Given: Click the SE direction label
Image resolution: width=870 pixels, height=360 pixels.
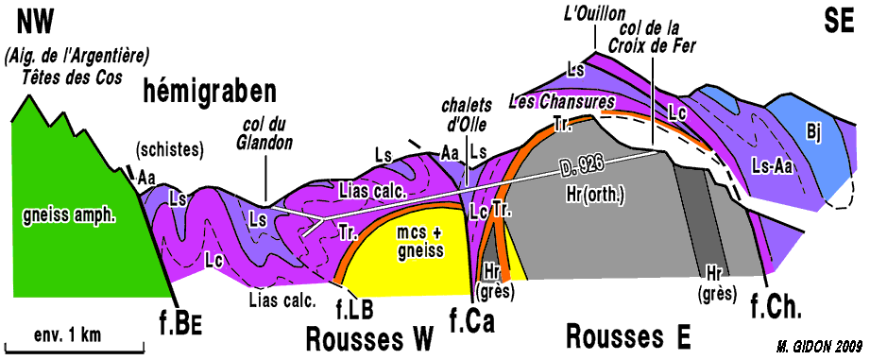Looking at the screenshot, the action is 839,24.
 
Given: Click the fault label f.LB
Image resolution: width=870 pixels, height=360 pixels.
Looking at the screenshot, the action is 353,307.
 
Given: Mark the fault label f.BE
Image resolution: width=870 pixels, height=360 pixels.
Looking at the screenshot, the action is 179,327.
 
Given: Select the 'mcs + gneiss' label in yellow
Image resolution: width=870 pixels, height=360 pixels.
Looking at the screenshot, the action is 420,243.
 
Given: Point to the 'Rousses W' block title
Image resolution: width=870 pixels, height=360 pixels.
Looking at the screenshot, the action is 368,338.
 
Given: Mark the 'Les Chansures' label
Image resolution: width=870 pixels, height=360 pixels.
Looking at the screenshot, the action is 562,102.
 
